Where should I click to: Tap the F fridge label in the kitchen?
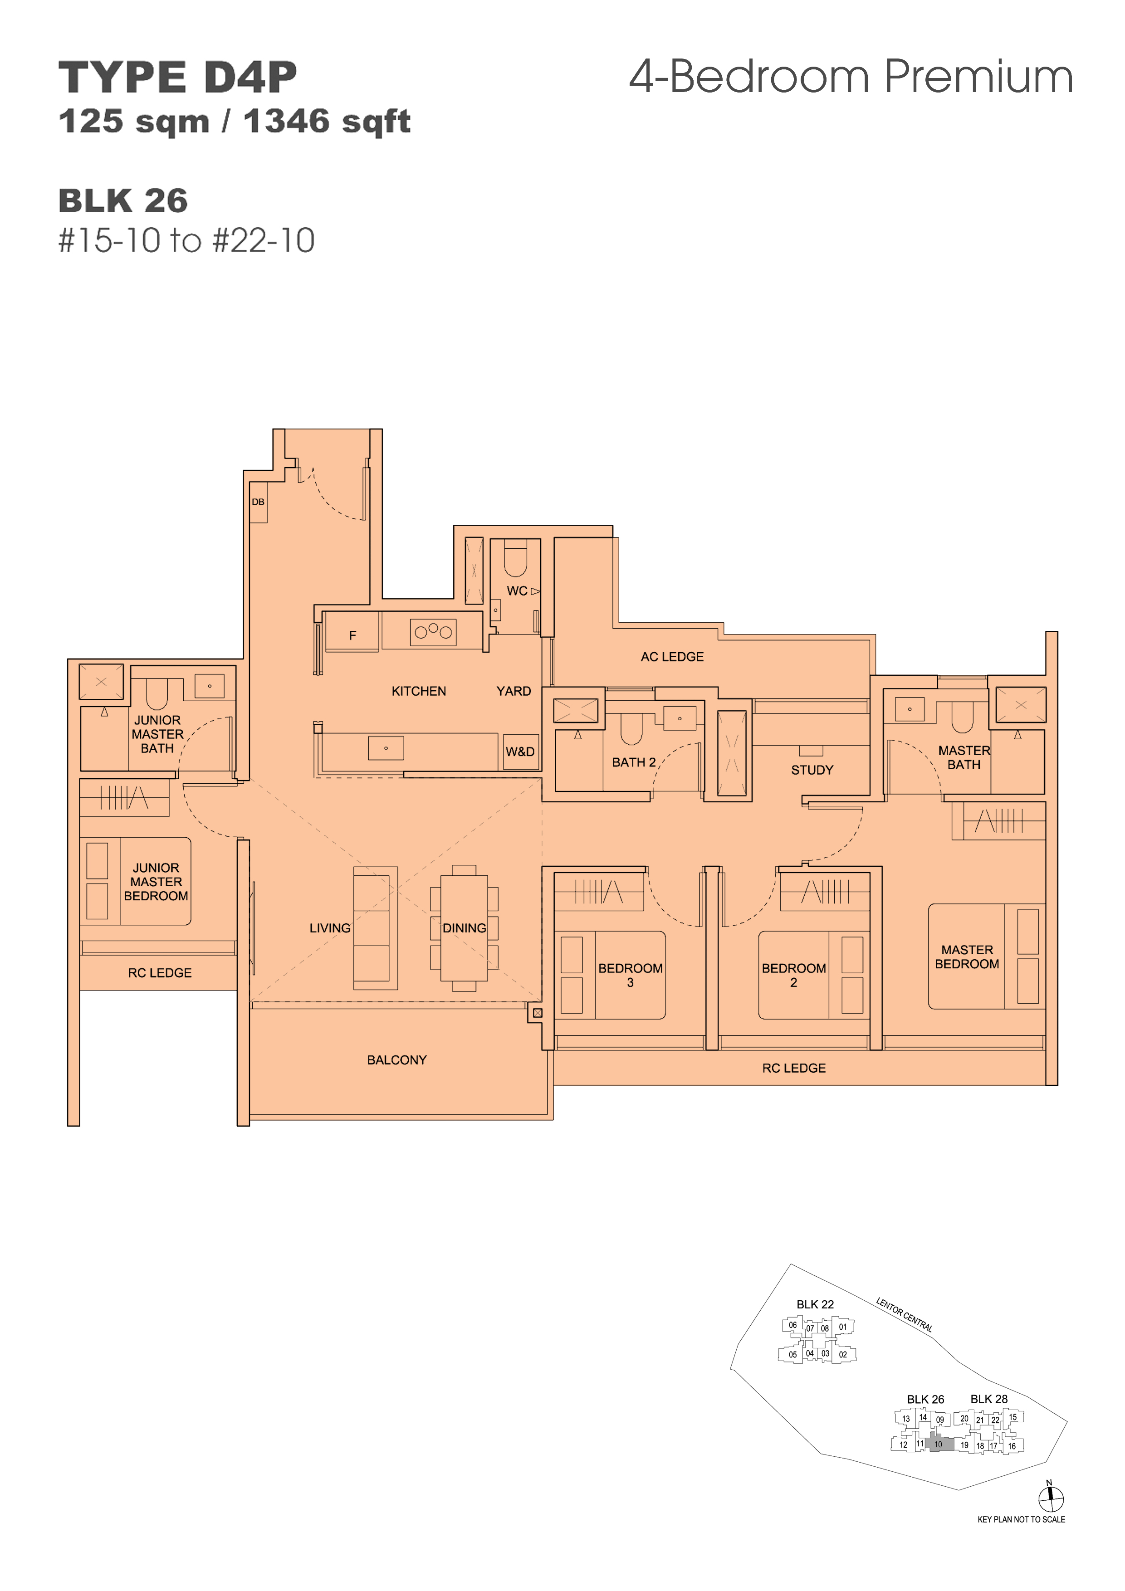[353, 635]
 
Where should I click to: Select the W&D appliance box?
[520, 752]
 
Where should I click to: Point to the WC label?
[517, 591]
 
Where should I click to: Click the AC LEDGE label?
[672, 656]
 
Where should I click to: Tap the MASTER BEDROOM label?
[967, 957]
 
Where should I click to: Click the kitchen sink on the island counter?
[386, 748]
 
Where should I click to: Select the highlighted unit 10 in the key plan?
[939, 1444]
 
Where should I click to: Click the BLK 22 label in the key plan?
[815, 1304]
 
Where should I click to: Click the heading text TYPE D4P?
[178, 77]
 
